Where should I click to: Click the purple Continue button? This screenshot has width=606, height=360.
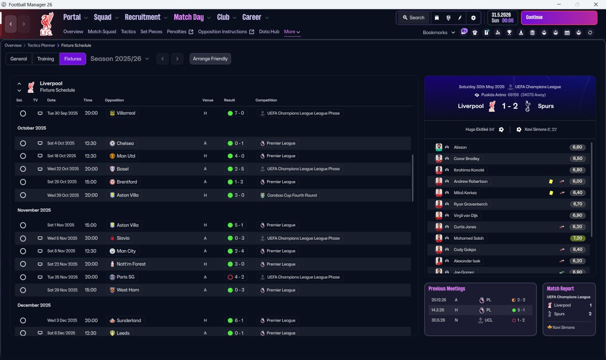[559, 18]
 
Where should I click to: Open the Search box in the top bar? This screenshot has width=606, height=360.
[414, 18]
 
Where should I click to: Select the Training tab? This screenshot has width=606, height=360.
[45, 59]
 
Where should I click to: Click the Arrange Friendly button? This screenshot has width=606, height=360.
[210, 59]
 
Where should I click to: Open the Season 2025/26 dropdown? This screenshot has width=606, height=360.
[120, 59]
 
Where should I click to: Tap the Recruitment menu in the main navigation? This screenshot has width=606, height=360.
[143, 18]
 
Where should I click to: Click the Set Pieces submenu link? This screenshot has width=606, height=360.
[151, 32]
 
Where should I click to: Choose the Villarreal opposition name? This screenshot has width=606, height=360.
[126, 113]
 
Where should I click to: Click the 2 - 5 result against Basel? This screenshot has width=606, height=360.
[239, 169]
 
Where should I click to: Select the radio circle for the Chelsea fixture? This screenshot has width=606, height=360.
[23, 143]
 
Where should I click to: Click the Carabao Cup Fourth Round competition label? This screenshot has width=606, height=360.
[292, 195]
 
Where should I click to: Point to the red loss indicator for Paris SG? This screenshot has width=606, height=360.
[230, 277]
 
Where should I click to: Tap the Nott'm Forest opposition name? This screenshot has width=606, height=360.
[131, 264]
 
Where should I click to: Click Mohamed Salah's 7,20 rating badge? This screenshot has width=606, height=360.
[577, 238]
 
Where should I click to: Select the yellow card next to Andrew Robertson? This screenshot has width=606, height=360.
[551, 181]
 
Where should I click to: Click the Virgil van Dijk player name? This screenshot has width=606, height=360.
[465, 216]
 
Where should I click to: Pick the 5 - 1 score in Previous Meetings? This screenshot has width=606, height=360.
[521, 310]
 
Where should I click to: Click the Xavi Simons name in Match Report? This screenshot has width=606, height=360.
[563, 327]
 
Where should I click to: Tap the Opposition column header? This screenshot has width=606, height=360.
[114, 100]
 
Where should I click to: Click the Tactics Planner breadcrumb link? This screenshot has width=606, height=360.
[41, 45]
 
